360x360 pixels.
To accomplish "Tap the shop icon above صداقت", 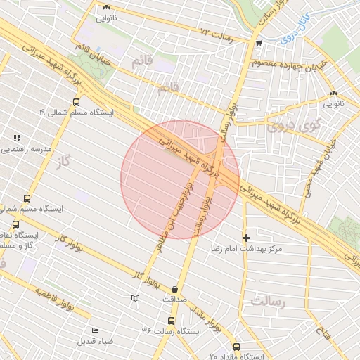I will tap(174, 288).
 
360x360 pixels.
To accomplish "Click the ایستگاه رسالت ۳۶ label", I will tap(171, 330).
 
